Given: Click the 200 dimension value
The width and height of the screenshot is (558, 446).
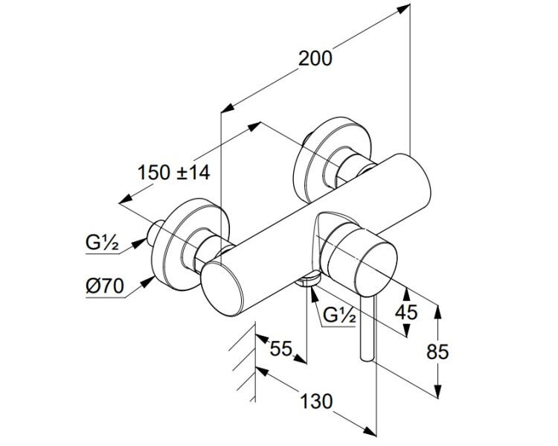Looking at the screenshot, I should coord(315,57).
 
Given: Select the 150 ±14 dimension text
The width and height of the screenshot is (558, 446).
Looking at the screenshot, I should coord(175,172).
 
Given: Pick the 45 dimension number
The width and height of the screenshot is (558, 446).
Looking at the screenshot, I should coord(406,311).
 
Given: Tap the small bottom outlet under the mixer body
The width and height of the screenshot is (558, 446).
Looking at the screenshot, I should coord(307,279).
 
